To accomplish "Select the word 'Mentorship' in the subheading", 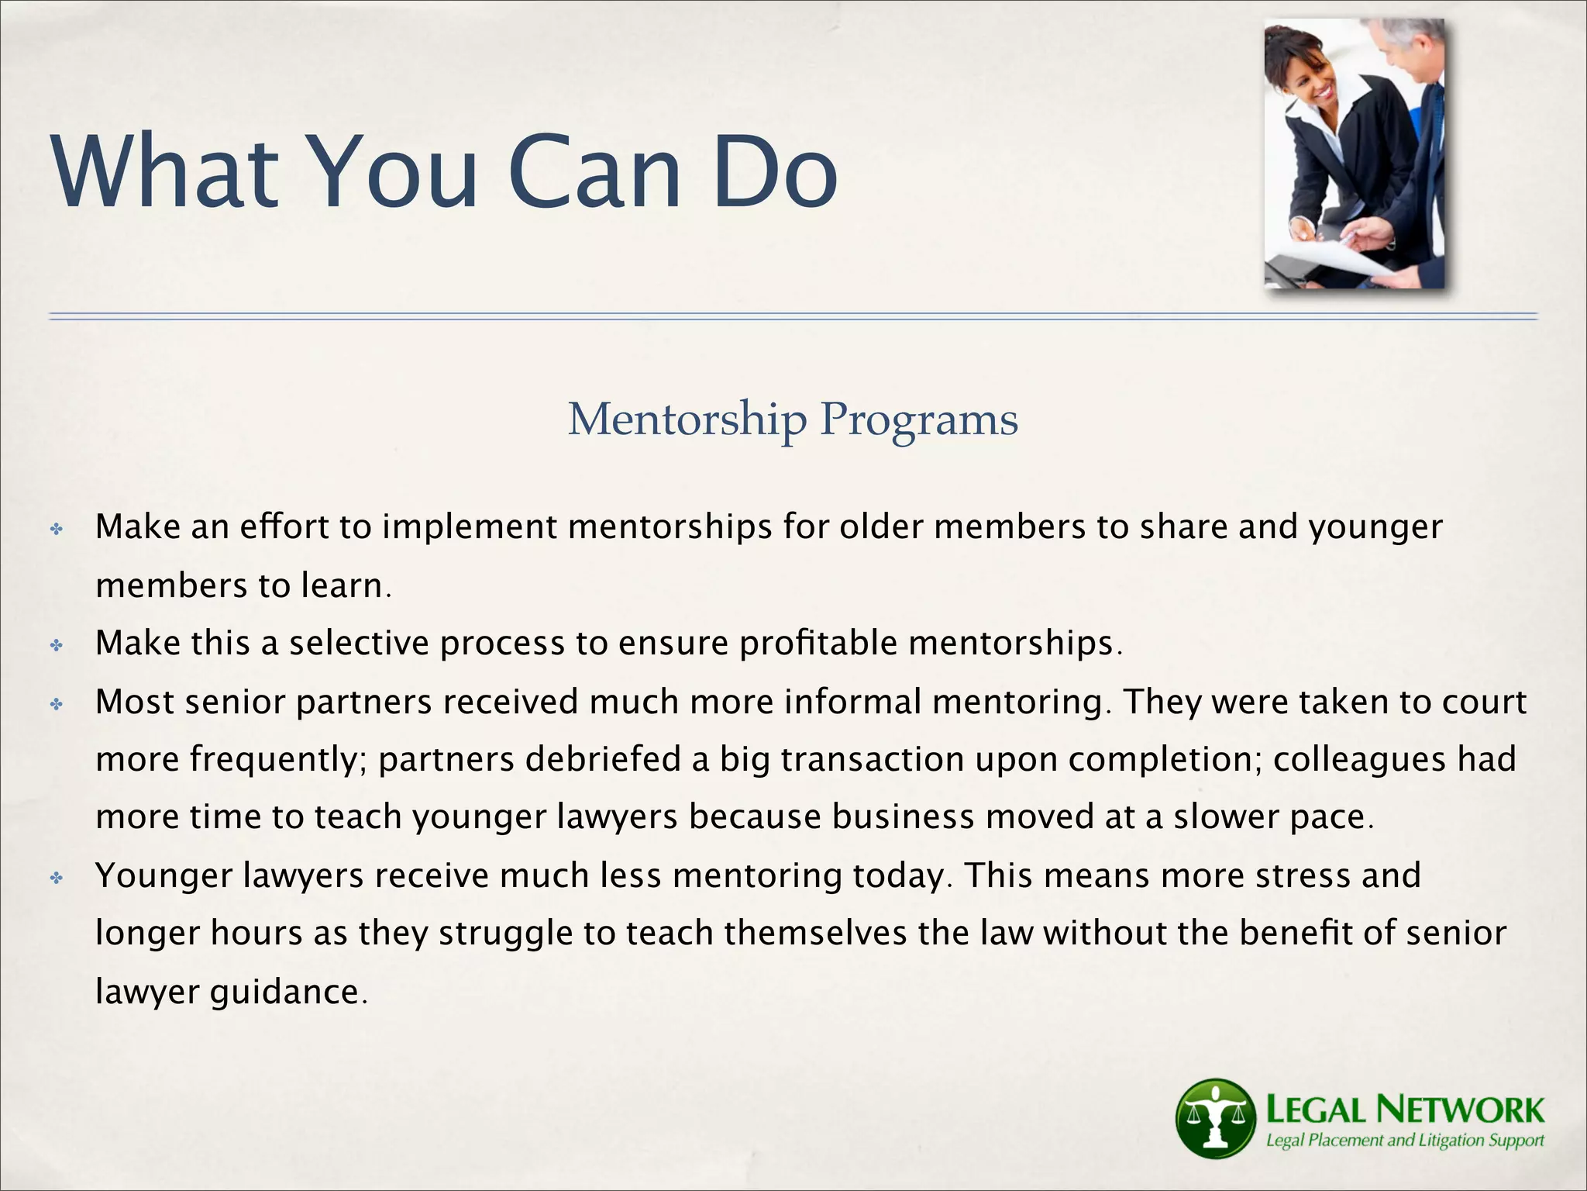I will tap(687, 419).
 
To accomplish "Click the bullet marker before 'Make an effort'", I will tap(57, 530).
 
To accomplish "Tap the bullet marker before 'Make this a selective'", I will tap(57, 645).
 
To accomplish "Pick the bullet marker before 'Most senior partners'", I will tap(57, 704).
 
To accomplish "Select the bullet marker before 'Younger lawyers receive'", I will tap(57, 878).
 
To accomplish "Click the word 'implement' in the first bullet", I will tap(470, 527).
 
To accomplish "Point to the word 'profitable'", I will tap(818, 644).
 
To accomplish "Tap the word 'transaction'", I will tap(872, 760).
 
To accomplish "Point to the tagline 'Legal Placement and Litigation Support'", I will tap(1404, 1141).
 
